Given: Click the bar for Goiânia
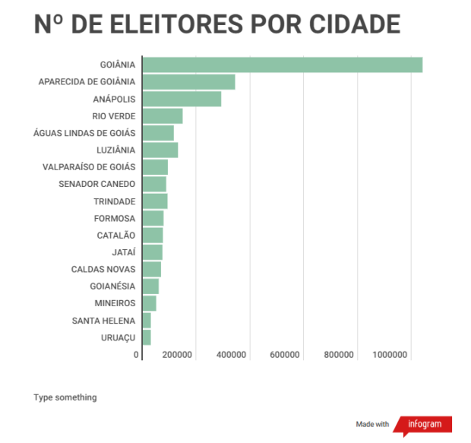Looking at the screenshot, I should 282,65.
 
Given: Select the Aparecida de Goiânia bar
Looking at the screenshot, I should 188,82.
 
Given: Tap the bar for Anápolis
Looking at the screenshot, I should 182,99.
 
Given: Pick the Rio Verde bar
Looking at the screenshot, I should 163,115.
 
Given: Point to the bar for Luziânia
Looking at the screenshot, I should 160,150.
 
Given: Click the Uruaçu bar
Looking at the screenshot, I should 147,337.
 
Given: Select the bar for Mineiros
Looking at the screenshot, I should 150,303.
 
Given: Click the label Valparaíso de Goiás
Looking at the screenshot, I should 90,167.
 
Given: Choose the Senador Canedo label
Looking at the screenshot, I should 96,184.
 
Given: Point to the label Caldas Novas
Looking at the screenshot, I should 103,269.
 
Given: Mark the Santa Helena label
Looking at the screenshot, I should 103,321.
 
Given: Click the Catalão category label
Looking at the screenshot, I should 115,236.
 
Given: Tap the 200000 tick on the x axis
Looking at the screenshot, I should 178,355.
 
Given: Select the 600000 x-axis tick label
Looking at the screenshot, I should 286,355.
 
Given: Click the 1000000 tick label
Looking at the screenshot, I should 390,355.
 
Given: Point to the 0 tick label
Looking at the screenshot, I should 137,355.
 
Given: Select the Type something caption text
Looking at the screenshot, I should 65,397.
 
